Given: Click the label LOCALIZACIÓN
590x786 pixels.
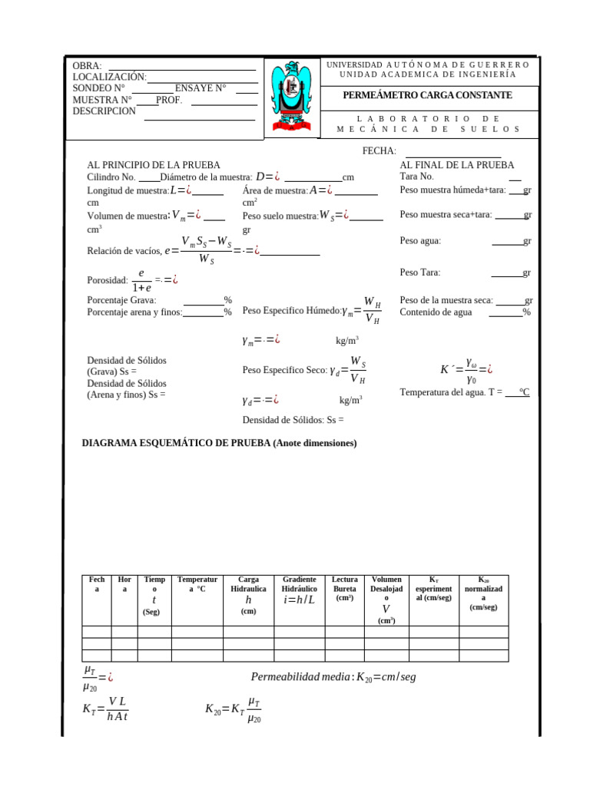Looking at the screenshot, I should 109,77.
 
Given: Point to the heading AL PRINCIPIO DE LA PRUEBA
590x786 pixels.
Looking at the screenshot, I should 154,165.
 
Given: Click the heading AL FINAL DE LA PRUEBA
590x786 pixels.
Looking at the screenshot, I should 457,165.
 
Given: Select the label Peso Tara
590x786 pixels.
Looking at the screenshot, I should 420,272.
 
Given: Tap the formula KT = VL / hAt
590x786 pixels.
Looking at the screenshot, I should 106,709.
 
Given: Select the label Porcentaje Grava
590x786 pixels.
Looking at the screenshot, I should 121,301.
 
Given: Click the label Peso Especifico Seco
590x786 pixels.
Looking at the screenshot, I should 284,370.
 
